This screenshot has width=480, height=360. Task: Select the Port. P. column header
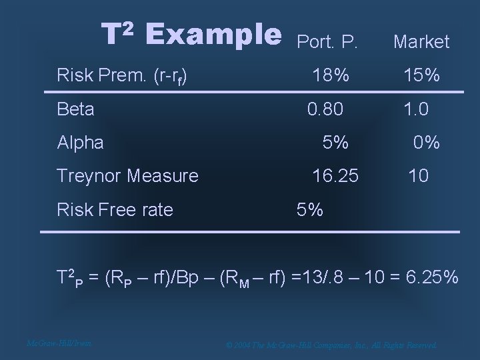(x=327, y=42)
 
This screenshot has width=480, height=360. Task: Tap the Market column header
(x=421, y=42)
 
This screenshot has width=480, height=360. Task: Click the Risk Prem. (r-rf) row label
(x=121, y=75)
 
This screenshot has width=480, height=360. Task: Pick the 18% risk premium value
(x=331, y=75)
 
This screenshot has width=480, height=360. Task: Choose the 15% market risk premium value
(x=421, y=75)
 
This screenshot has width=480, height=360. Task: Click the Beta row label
(x=76, y=109)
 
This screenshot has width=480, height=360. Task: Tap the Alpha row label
(x=81, y=142)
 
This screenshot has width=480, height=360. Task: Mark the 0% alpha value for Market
(x=426, y=142)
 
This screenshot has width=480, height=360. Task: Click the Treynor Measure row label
(x=127, y=176)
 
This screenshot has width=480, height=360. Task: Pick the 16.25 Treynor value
(x=335, y=176)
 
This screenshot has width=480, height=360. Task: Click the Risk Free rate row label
(x=115, y=210)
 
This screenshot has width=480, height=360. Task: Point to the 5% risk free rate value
(x=310, y=210)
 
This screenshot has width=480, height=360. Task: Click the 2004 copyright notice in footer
(x=331, y=345)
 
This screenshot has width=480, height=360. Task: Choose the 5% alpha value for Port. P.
(x=335, y=142)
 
